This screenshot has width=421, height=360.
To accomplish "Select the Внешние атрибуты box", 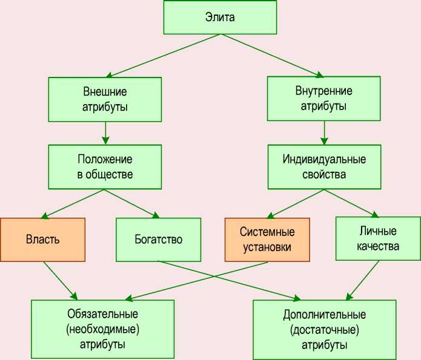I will pyautogui.click(x=105, y=100).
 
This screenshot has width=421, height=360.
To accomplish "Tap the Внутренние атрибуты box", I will pyautogui.click(x=324, y=99).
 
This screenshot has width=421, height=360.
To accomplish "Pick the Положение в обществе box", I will pyautogui.click(x=105, y=167).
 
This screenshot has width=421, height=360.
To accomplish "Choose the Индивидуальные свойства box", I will pyautogui.click(x=324, y=167).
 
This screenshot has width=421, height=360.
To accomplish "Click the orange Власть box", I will pyautogui.click(x=42, y=239).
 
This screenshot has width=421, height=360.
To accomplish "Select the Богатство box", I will pyautogui.click(x=158, y=239).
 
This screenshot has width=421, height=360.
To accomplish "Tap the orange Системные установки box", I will pyautogui.click(x=267, y=240).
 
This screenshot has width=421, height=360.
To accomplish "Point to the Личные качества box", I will pyautogui.click(x=377, y=238).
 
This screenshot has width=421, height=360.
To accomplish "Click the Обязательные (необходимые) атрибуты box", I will pyautogui.click(x=102, y=330).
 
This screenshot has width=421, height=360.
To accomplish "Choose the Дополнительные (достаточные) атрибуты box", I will pyautogui.click(x=324, y=330).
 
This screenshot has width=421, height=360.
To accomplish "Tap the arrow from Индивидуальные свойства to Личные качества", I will pyautogui.click(x=351, y=203).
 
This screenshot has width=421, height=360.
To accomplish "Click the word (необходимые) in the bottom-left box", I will pyautogui.click(x=102, y=330).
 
